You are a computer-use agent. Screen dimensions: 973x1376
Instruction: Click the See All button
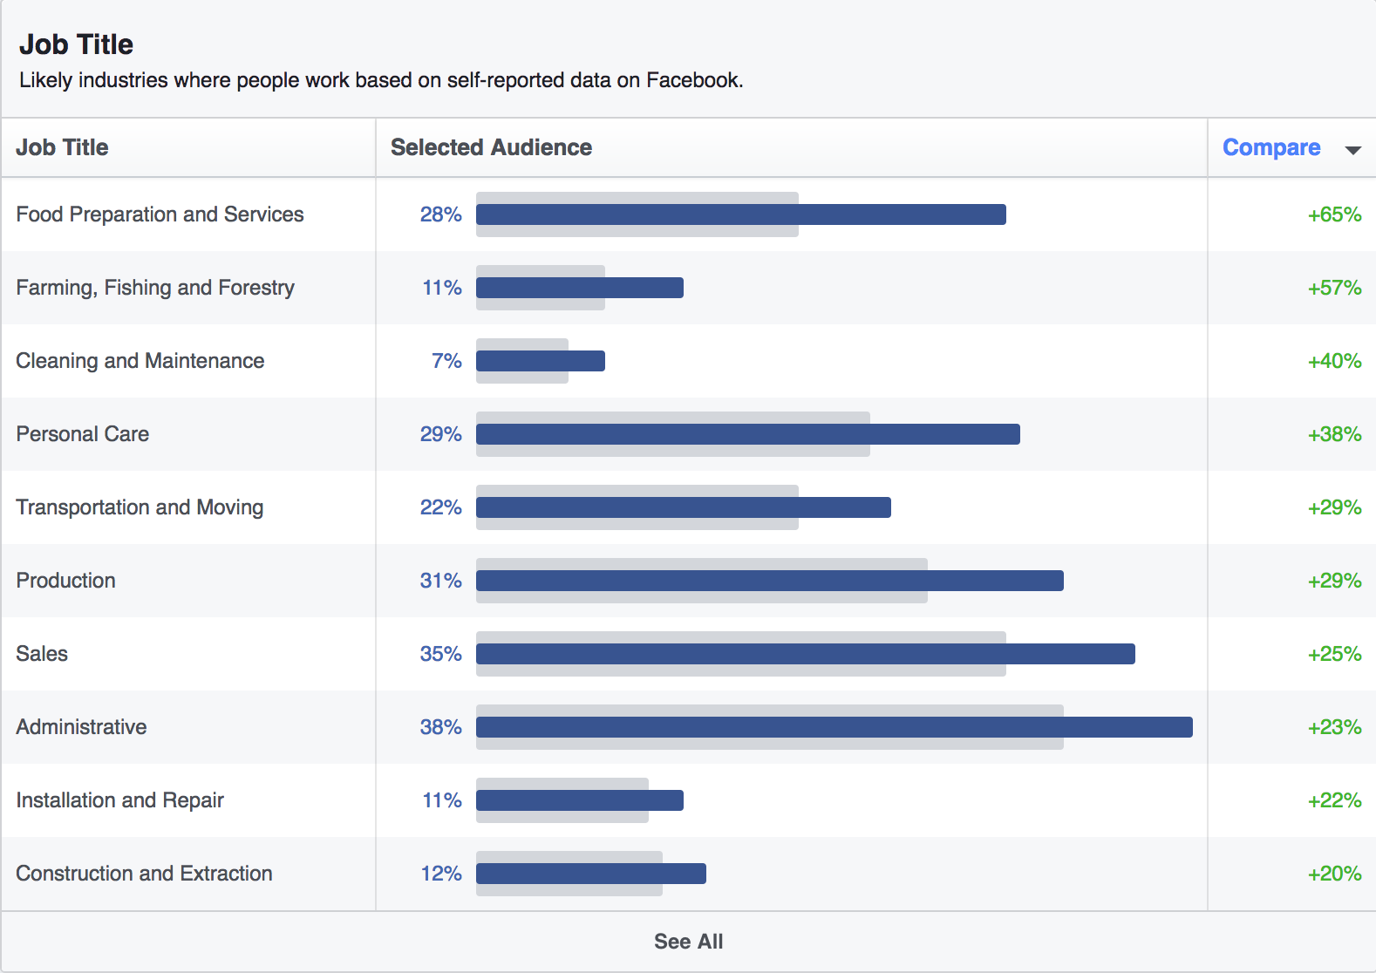point(688,942)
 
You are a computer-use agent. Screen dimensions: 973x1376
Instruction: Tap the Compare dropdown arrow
point(1352,150)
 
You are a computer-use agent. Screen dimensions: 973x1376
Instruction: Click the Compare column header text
point(1270,147)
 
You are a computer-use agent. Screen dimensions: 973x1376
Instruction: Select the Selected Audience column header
point(491,147)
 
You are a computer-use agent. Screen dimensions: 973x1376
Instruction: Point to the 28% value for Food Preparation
point(440,214)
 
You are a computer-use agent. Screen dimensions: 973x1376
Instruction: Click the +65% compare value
point(1334,214)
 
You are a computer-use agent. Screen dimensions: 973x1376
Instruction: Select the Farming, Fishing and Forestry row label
point(155,288)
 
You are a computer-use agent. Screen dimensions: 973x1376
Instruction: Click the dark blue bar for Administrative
point(834,727)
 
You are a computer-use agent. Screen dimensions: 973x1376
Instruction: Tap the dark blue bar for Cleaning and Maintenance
point(541,361)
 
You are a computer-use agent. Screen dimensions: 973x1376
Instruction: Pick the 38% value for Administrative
point(440,727)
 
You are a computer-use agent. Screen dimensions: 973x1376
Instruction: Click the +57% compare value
point(1334,288)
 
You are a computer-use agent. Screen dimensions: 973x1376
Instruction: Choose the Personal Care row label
point(83,434)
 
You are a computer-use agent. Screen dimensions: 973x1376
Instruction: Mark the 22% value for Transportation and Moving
point(440,507)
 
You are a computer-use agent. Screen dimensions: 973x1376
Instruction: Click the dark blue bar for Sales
point(805,654)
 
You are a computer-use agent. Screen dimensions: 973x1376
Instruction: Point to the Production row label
point(66,581)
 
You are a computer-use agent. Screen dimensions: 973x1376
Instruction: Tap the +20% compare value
point(1334,874)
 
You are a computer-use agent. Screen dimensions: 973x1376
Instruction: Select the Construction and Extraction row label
point(144,874)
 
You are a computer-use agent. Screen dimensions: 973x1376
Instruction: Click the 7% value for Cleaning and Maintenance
point(446,361)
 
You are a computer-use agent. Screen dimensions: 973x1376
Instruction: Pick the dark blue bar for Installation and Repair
point(580,800)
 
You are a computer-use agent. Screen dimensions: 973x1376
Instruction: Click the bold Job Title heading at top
point(76,44)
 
